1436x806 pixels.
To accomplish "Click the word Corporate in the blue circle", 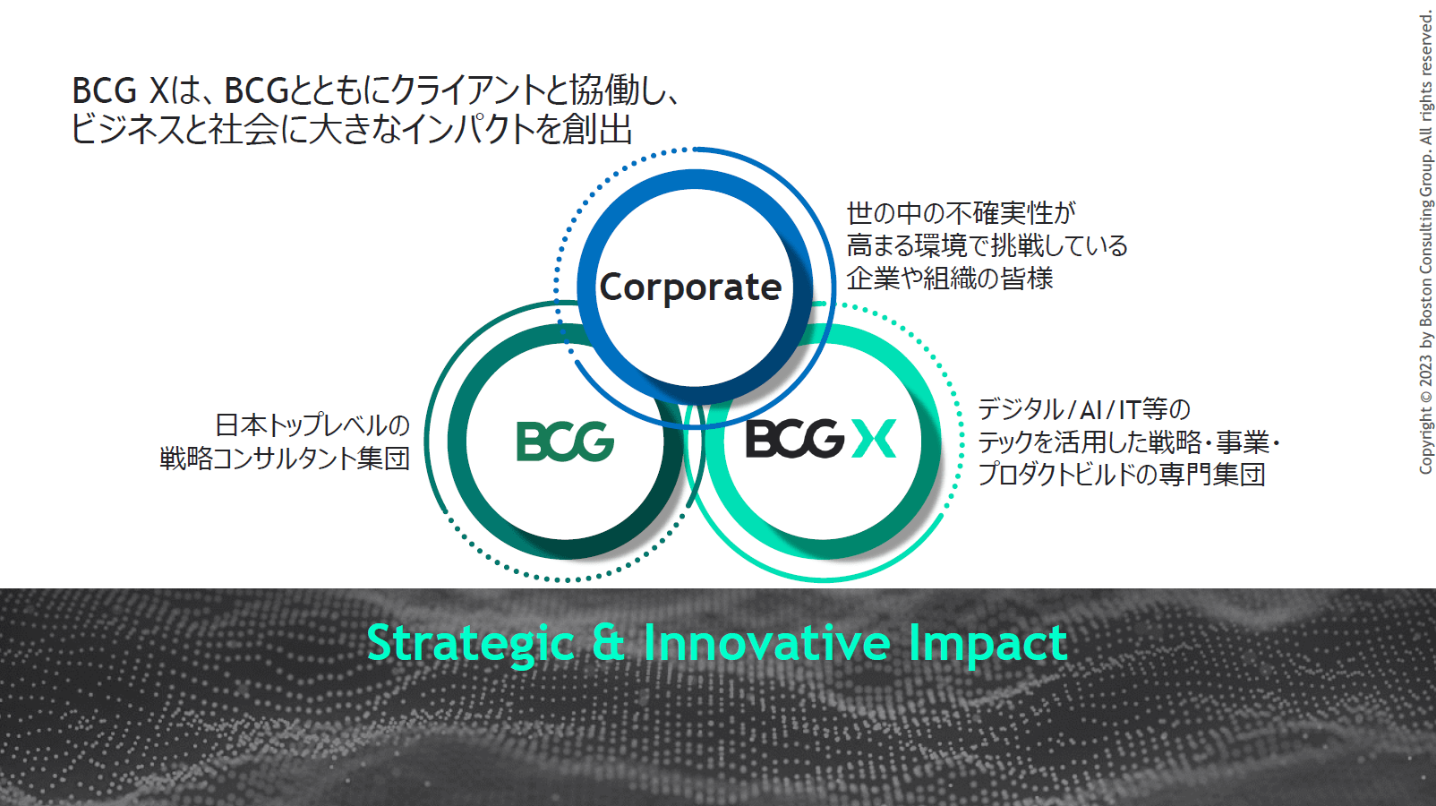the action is click(690, 287).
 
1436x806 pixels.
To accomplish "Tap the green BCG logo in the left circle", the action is click(566, 442).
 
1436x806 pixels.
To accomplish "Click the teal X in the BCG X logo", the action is click(874, 439).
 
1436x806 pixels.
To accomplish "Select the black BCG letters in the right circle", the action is click(795, 439).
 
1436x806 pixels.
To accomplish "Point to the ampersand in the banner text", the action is click(609, 642).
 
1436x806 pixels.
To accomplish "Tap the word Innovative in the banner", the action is click(766, 642).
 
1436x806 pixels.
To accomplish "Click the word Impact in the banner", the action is click(987, 645).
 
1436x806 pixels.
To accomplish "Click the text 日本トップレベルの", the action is click(312, 425).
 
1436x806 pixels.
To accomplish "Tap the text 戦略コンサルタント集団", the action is click(285, 459).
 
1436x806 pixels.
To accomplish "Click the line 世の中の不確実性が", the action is click(962, 213).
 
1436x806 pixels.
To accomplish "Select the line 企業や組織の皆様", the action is click(950, 279).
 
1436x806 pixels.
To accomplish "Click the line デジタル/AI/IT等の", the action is click(1084, 409).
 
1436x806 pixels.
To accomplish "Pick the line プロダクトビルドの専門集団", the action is click(1122, 475).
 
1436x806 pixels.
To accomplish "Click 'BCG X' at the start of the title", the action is click(121, 90).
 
